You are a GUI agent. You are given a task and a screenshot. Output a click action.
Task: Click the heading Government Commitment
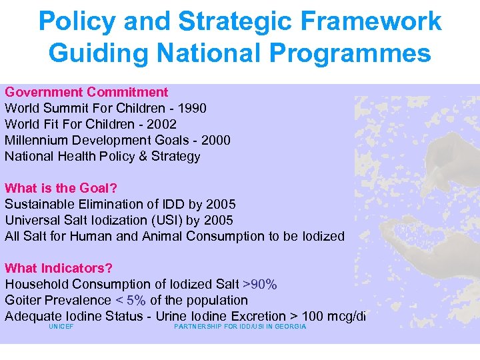87,92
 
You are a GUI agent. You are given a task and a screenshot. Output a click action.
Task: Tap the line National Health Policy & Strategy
103,156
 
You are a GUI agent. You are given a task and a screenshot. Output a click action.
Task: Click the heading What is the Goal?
61,188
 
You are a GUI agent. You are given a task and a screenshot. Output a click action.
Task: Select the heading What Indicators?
59,268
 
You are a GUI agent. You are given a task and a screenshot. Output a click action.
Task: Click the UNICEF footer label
61,327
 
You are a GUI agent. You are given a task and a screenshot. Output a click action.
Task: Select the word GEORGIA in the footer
291,327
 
